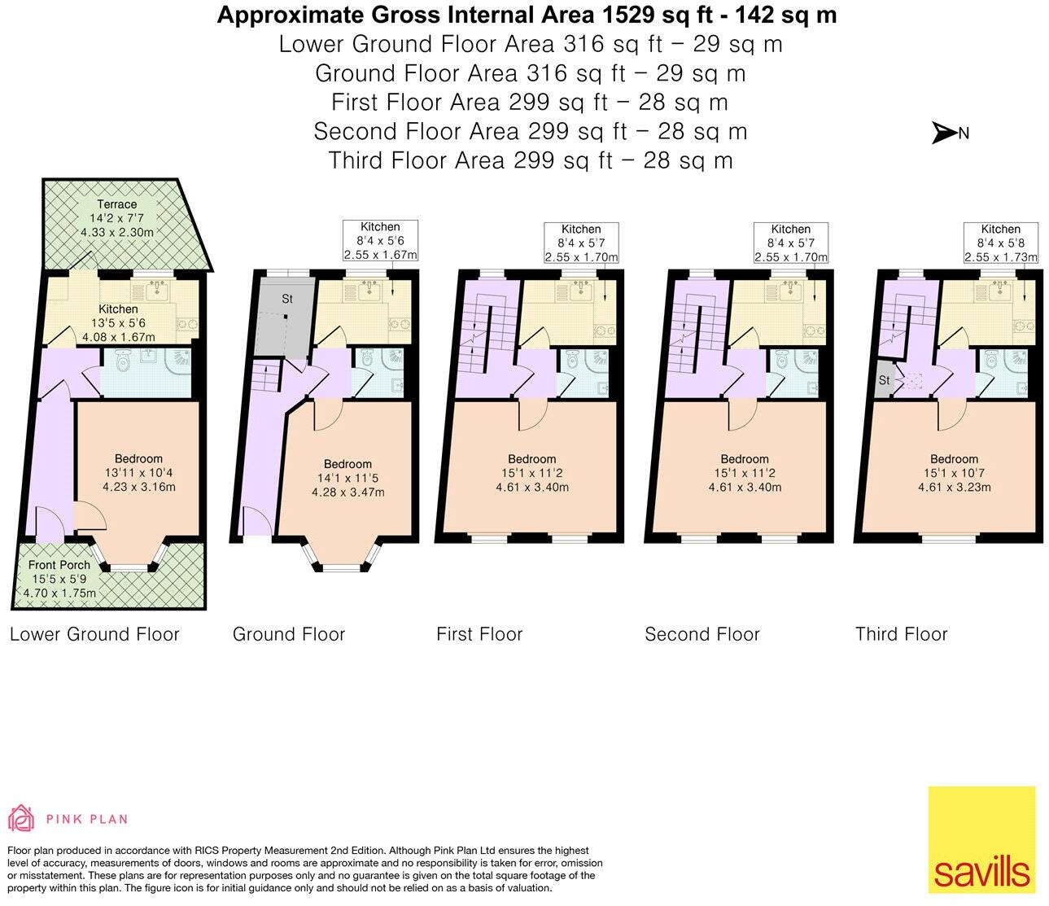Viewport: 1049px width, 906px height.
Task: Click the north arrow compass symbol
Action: pos(944,133)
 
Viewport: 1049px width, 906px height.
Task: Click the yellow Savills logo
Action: pos(981,839)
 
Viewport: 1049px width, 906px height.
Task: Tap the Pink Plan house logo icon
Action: pos(21,818)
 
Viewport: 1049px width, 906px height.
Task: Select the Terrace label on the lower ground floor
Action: pos(117,204)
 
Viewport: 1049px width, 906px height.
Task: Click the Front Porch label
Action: pos(59,565)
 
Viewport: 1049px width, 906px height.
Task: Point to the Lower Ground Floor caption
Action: pos(94,634)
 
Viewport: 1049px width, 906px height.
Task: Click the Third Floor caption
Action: pos(901,634)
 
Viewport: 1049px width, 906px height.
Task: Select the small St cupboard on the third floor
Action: pos(884,380)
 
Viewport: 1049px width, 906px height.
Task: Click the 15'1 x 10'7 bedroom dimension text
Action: pos(954,473)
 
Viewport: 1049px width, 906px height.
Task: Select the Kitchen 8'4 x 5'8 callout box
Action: pos(1000,243)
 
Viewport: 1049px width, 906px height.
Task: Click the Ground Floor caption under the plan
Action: pos(289,634)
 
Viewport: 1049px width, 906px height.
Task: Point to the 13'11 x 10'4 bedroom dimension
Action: pos(138,473)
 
